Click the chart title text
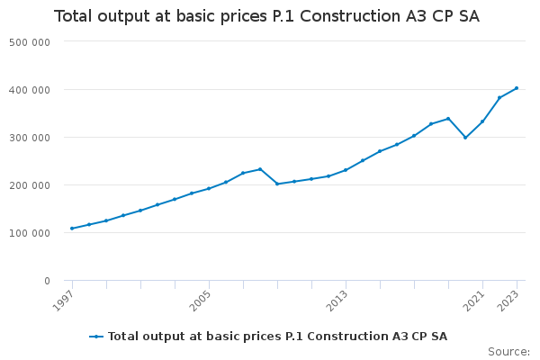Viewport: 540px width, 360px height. [x=266, y=17]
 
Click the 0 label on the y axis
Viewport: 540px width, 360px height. [x=46, y=281]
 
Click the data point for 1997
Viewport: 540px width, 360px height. [x=72, y=229]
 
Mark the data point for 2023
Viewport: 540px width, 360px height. [x=517, y=88]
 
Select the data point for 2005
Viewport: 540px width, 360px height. [x=209, y=189]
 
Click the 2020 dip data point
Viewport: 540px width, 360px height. [x=465, y=138]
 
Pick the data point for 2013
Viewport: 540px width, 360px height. [x=346, y=170]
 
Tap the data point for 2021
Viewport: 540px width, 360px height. [x=482, y=121]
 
